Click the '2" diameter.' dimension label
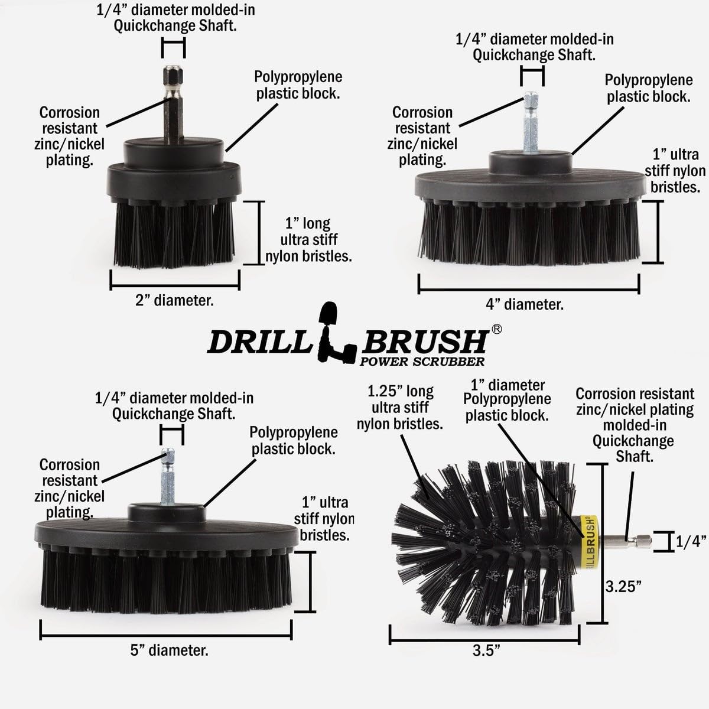coord(174,301)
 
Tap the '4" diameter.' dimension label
coord(525,305)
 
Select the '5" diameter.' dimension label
coord(169,651)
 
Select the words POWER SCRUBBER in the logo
coord(422,362)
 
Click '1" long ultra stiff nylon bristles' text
coord(308,240)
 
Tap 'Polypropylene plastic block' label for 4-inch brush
coord(648,89)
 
